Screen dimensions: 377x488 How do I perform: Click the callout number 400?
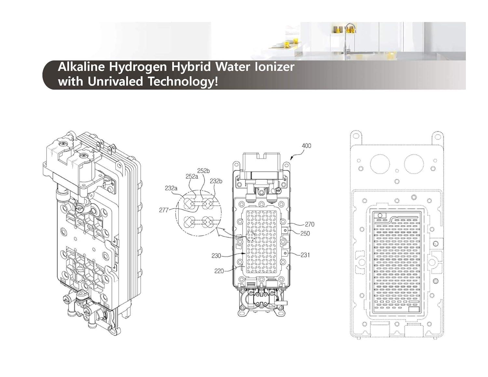(306, 146)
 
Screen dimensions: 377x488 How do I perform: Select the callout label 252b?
(203, 171)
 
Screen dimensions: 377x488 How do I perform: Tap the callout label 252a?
(192, 176)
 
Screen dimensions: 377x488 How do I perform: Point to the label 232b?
(216, 181)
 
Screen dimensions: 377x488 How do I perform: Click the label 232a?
(171, 188)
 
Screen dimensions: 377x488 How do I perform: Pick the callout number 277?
(164, 210)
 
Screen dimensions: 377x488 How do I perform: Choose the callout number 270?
(309, 224)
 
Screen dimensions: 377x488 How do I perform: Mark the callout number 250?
(305, 233)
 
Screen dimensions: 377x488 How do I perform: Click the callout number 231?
(305, 255)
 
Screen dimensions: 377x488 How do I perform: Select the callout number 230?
(216, 256)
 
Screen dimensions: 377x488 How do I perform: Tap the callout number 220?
(219, 271)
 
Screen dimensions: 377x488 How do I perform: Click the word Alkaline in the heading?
(81, 67)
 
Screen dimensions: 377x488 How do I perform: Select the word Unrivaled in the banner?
(116, 81)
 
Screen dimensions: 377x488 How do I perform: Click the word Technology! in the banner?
(183, 82)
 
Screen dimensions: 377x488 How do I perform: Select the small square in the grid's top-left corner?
(380, 215)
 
